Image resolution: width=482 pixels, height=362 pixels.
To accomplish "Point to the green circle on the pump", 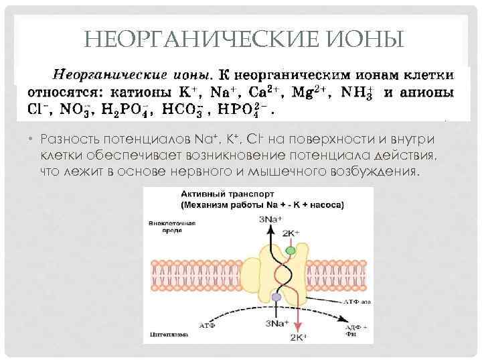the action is (x=291, y=250).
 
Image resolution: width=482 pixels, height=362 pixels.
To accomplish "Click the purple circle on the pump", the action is (x=276, y=297).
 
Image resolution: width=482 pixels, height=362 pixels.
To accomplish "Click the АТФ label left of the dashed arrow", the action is (x=208, y=324).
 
